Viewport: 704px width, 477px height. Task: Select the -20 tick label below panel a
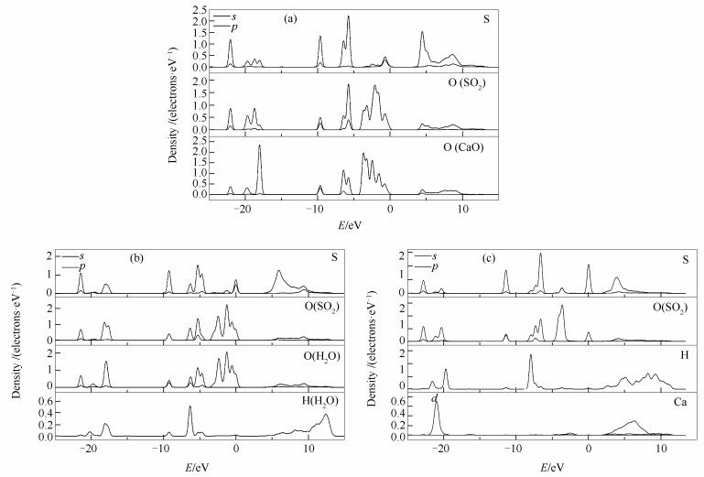tap(243, 210)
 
